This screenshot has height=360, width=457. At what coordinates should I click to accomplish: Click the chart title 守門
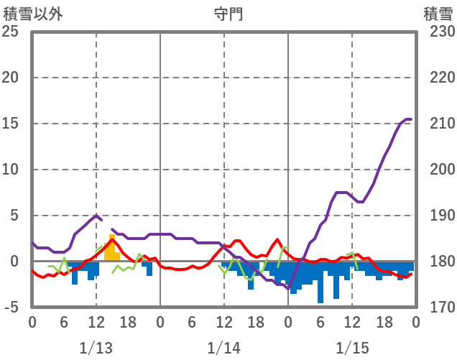pyautogui.click(x=228, y=14)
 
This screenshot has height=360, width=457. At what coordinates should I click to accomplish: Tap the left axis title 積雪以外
pyautogui.click(x=32, y=14)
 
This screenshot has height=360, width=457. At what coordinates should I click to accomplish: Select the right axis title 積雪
pyautogui.click(x=438, y=14)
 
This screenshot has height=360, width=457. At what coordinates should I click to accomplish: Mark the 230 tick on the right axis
pyautogui.click(x=438, y=32)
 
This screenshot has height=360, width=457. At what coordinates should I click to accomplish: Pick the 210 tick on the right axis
pyautogui.click(x=438, y=124)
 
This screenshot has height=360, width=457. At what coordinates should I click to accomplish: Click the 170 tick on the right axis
pyautogui.click(x=438, y=308)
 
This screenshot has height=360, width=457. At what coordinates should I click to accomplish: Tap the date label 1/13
pyautogui.click(x=96, y=348)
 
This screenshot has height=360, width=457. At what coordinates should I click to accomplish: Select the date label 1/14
pyautogui.click(x=223, y=348)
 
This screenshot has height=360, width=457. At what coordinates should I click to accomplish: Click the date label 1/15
pyautogui.click(x=351, y=348)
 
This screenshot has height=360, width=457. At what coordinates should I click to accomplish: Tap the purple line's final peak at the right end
pyautogui.click(x=407, y=119)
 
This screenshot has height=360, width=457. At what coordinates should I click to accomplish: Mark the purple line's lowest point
pyautogui.click(x=287, y=289)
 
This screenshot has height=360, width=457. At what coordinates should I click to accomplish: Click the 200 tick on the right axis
pyautogui.click(x=438, y=170)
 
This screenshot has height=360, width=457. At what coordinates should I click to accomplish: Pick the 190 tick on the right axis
pyautogui.click(x=438, y=216)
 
